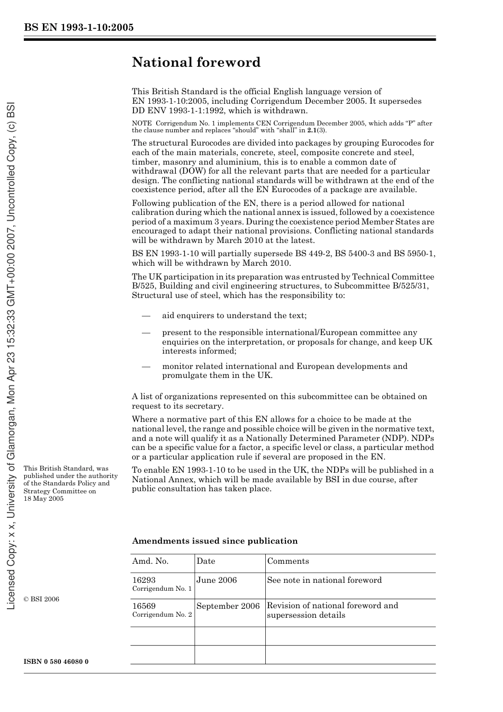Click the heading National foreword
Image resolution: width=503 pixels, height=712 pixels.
coord(196,62)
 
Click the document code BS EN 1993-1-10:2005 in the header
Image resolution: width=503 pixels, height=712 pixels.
coord(79,28)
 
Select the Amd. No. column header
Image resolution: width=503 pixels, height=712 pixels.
coord(150,561)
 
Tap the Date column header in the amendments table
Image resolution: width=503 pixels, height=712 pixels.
coord(206,561)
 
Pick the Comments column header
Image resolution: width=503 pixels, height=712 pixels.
coord(288,561)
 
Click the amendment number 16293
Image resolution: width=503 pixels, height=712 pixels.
coord(144,580)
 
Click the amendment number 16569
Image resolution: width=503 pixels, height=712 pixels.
coord(144,606)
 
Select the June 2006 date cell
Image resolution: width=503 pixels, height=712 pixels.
coord(217,580)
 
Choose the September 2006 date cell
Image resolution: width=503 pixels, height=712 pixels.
coord(228,606)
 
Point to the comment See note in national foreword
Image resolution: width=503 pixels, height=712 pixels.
coord(324,580)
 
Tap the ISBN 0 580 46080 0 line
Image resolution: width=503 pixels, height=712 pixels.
coord(56,662)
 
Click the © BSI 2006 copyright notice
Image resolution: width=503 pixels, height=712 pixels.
coord(41,599)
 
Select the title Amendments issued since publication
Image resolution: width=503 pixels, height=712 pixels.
coord(214,541)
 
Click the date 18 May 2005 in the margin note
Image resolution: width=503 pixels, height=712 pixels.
coord(43,499)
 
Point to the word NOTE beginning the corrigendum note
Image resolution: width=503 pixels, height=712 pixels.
coord(142,123)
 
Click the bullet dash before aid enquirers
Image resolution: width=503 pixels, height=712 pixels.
coord(146,316)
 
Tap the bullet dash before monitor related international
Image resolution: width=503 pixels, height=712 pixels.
coord(146,366)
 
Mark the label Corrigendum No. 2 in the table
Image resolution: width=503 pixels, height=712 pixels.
coord(162,615)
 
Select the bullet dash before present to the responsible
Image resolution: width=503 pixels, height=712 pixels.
coord(146,333)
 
